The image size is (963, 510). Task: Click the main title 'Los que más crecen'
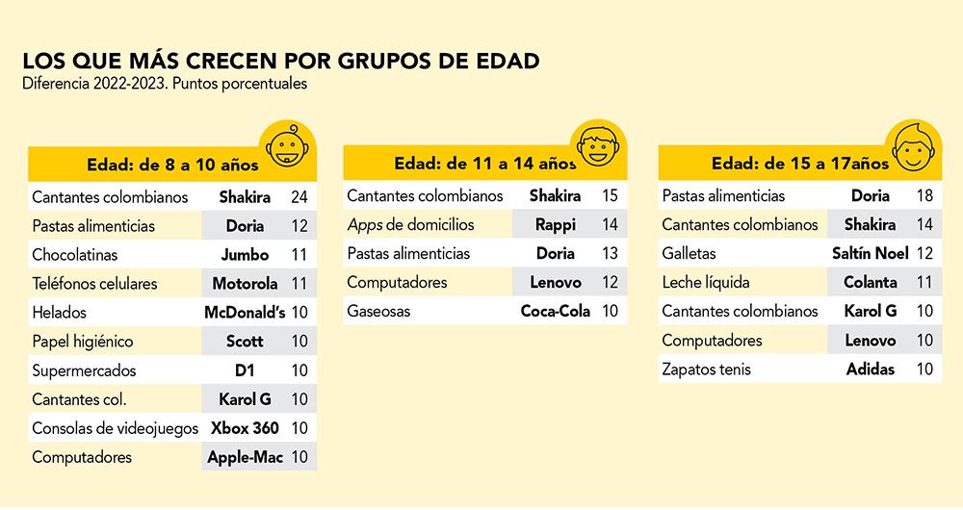pos(280,60)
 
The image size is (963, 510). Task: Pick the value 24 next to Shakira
pos(299,197)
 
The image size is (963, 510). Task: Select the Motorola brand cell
pos(245,284)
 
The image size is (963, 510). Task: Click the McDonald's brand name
pos(245,313)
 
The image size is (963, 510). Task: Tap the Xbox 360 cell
pos(245,428)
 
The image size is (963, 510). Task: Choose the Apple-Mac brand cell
pos(245,457)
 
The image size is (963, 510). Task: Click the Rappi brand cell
pos(556,225)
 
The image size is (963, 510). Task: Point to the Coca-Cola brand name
pos(556,312)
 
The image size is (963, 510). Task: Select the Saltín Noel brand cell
pos(871,254)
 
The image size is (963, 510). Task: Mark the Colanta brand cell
pos(871,283)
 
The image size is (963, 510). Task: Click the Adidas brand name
pos(871,370)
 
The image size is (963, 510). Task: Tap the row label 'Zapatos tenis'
pos(706,370)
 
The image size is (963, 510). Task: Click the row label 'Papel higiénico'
pos(82,342)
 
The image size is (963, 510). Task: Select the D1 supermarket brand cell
pos(245,370)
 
